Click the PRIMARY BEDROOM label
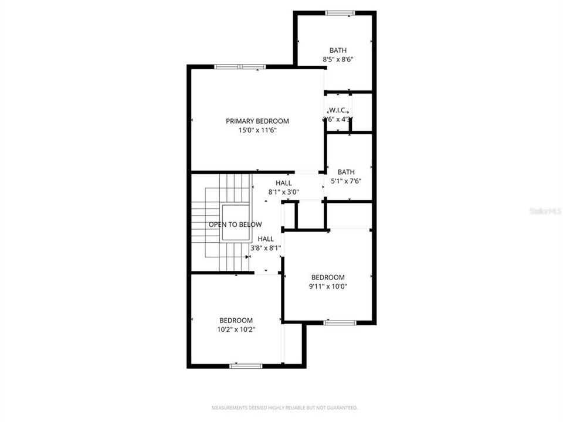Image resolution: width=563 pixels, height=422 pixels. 257,121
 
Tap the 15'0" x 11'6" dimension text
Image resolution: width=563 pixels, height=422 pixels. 257,130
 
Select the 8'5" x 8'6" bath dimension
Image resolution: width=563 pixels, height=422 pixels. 337,59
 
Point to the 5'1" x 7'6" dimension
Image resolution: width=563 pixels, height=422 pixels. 345,181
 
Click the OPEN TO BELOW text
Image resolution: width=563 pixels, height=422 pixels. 235,224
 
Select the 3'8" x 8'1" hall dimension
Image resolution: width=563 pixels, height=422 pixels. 266,248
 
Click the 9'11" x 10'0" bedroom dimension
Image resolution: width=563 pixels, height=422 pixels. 328,287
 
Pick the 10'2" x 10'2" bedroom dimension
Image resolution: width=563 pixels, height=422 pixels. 236,329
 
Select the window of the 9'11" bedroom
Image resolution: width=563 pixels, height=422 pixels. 340,322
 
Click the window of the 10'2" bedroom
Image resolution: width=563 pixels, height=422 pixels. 246,366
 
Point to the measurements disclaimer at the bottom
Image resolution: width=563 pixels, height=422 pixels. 284,408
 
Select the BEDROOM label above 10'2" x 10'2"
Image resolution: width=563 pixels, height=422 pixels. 236,321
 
